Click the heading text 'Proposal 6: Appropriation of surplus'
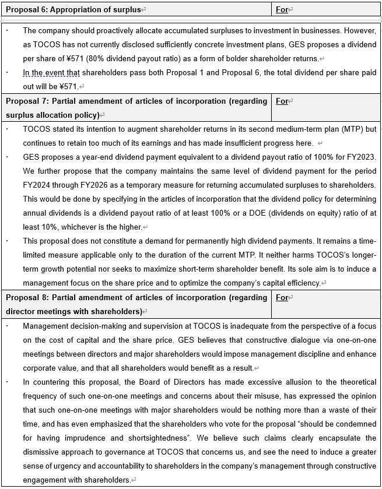click(x=73, y=9)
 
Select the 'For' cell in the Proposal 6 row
click(x=282, y=9)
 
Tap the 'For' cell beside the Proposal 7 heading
click(x=282, y=101)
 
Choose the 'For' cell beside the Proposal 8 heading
click(x=282, y=297)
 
